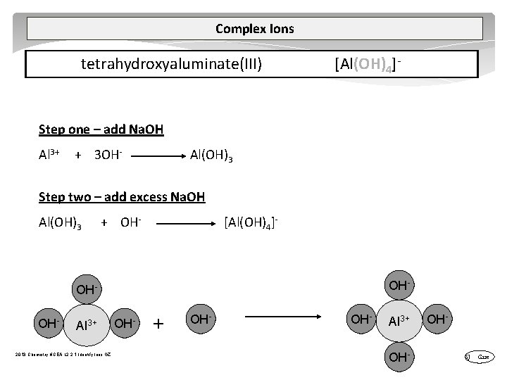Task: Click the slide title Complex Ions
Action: (254, 29)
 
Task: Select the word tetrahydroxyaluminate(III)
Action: (172, 65)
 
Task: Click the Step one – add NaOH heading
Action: (101, 129)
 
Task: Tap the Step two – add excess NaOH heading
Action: (122, 197)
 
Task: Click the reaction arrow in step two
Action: (184, 224)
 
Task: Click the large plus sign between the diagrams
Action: (160, 324)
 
